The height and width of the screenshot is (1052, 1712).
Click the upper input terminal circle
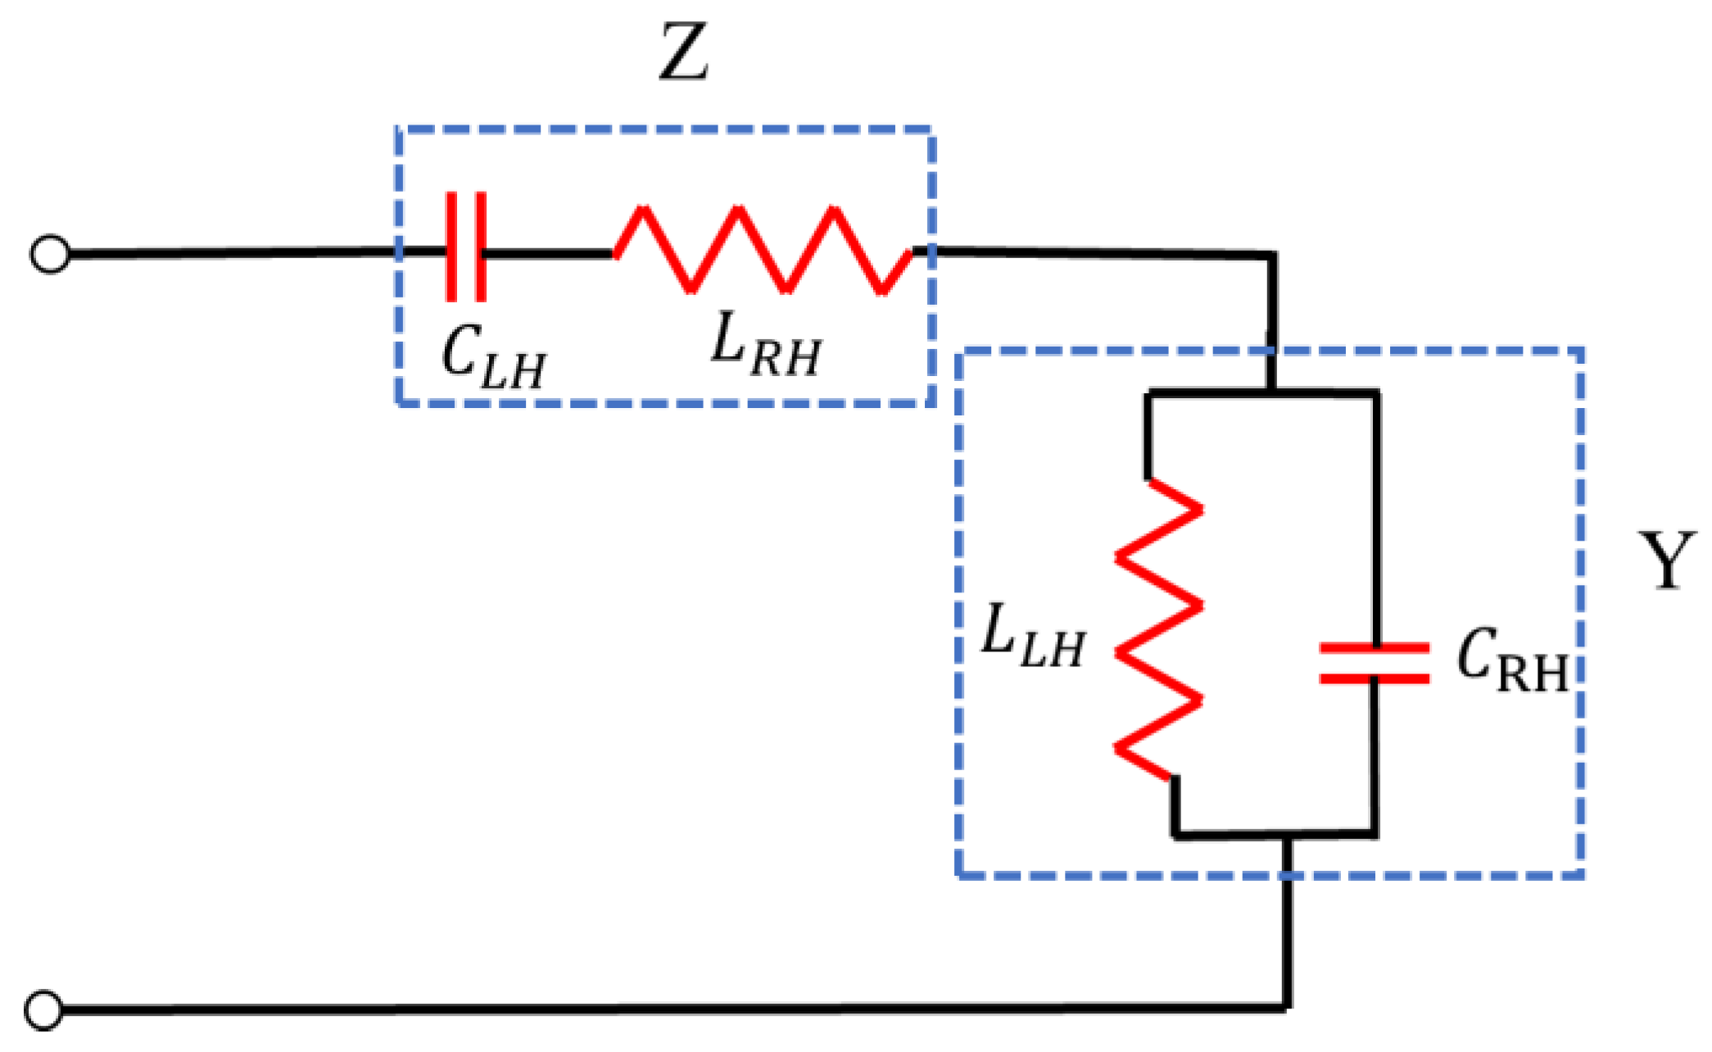pyautogui.click(x=50, y=255)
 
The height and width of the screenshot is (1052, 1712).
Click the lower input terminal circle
pyautogui.click(x=43, y=1009)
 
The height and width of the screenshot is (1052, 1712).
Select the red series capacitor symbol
pyautogui.click(x=465, y=247)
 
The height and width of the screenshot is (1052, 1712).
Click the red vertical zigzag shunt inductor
pyautogui.click(x=1158, y=629)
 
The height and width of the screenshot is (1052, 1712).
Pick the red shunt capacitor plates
pyautogui.click(x=1375, y=663)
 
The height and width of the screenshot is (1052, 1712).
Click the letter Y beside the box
pyautogui.click(x=1666, y=560)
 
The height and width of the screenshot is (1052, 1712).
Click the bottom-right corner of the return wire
pyautogui.click(x=1287, y=1006)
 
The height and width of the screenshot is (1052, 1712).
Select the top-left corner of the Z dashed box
pyautogui.click(x=398, y=129)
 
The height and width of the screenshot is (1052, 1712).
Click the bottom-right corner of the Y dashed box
pyautogui.click(x=1581, y=876)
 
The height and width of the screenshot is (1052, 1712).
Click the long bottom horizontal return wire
pyautogui.click(x=655, y=1009)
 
